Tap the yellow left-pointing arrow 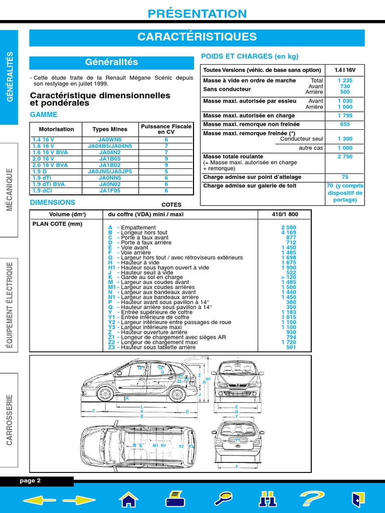pyautogui.click(x=38, y=499)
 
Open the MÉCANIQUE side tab pyautogui.click(x=9, y=190)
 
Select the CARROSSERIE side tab pyautogui.click(x=9, y=419)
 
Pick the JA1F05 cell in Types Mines pyautogui.click(x=110, y=191)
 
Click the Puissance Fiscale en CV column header pyautogui.click(x=166, y=129)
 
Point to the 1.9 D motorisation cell pyautogui.click(x=40, y=171)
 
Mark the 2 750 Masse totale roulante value pyautogui.click(x=344, y=157)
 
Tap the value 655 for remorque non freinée pyautogui.click(x=344, y=124)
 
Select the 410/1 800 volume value pyautogui.click(x=284, y=214)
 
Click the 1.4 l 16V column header pyautogui.click(x=344, y=70)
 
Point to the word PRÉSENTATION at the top pyautogui.click(x=197, y=14)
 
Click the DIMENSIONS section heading pyautogui.click(x=53, y=202)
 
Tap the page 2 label pyautogui.click(x=30, y=481)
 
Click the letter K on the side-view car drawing pyautogui.click(x=127, y=398)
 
